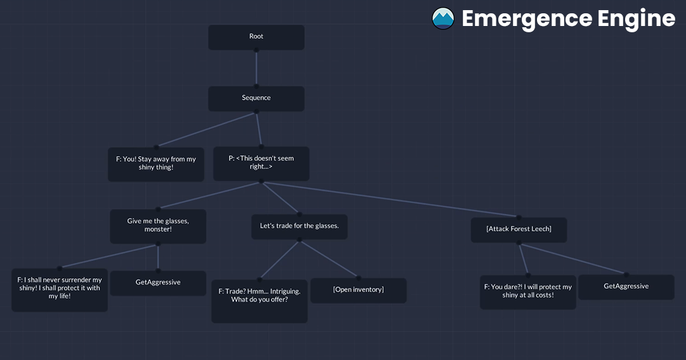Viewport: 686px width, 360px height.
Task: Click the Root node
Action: point(256,37)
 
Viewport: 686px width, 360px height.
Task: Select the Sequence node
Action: point(256,98)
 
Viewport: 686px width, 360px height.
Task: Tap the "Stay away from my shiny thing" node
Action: point(156,164)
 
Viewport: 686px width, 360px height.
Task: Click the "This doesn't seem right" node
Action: point(261,163)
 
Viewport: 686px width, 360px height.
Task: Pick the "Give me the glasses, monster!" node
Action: point(158,226)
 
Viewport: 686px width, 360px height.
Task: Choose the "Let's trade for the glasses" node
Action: point(300,227)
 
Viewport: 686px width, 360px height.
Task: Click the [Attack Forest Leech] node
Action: point(519,229)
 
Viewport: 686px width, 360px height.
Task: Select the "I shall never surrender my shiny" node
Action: point(60,290)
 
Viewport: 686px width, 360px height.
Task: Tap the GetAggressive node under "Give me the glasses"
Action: point(158,283)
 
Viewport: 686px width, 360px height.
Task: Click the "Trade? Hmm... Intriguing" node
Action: point(259,301)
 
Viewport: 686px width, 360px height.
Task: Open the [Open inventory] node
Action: point(359,290)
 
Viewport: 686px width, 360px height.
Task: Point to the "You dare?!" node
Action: point(528,292)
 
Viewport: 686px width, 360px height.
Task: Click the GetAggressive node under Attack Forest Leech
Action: point(626,287)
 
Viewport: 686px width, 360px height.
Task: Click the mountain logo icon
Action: point(443,18)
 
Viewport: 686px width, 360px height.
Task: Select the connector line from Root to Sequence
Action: point(256,68)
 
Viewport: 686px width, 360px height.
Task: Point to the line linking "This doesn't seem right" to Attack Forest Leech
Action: point(391,200)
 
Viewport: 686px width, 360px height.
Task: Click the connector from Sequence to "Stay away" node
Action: point(206,129)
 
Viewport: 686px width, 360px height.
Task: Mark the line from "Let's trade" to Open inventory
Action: point(329,259)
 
